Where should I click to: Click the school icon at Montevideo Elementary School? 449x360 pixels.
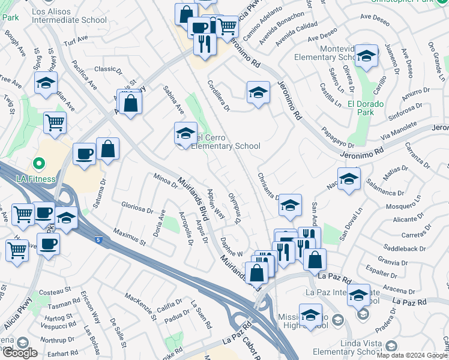[366, 56]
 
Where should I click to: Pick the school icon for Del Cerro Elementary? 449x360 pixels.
[185, 133]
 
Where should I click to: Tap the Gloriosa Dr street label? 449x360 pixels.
[136, 208]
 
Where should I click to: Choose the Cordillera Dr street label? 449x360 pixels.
[218, 96]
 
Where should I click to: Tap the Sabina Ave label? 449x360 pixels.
[174, 100]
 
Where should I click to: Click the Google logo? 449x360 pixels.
[19, 352]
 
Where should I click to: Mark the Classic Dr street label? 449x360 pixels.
[108, 70]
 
